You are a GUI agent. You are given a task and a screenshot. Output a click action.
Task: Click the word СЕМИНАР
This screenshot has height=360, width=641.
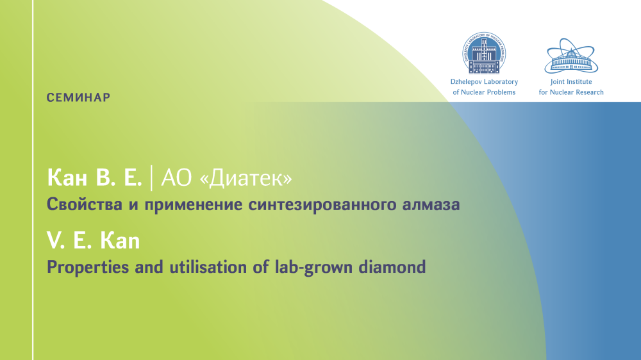click(78, 97)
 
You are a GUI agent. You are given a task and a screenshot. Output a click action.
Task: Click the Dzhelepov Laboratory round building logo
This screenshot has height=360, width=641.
click(484, 53)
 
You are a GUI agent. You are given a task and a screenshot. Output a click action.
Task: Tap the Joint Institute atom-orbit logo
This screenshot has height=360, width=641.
click(571, 56)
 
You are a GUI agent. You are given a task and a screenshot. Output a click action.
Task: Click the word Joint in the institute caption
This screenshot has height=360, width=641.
click(557, 82)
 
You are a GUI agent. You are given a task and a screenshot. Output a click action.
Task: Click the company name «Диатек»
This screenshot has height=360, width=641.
click(246, 178)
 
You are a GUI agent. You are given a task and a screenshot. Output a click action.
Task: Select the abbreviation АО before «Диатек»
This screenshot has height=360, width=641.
click(176, 177)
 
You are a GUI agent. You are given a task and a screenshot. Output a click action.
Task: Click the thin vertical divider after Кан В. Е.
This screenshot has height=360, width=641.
click(152, 178)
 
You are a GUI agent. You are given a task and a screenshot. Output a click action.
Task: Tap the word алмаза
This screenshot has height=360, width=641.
click(431, 204)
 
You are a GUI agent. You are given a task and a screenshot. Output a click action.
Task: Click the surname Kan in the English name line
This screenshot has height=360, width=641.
click(120, 241)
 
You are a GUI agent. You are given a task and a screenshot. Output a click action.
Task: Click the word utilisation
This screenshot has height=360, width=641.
click(208, 267)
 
